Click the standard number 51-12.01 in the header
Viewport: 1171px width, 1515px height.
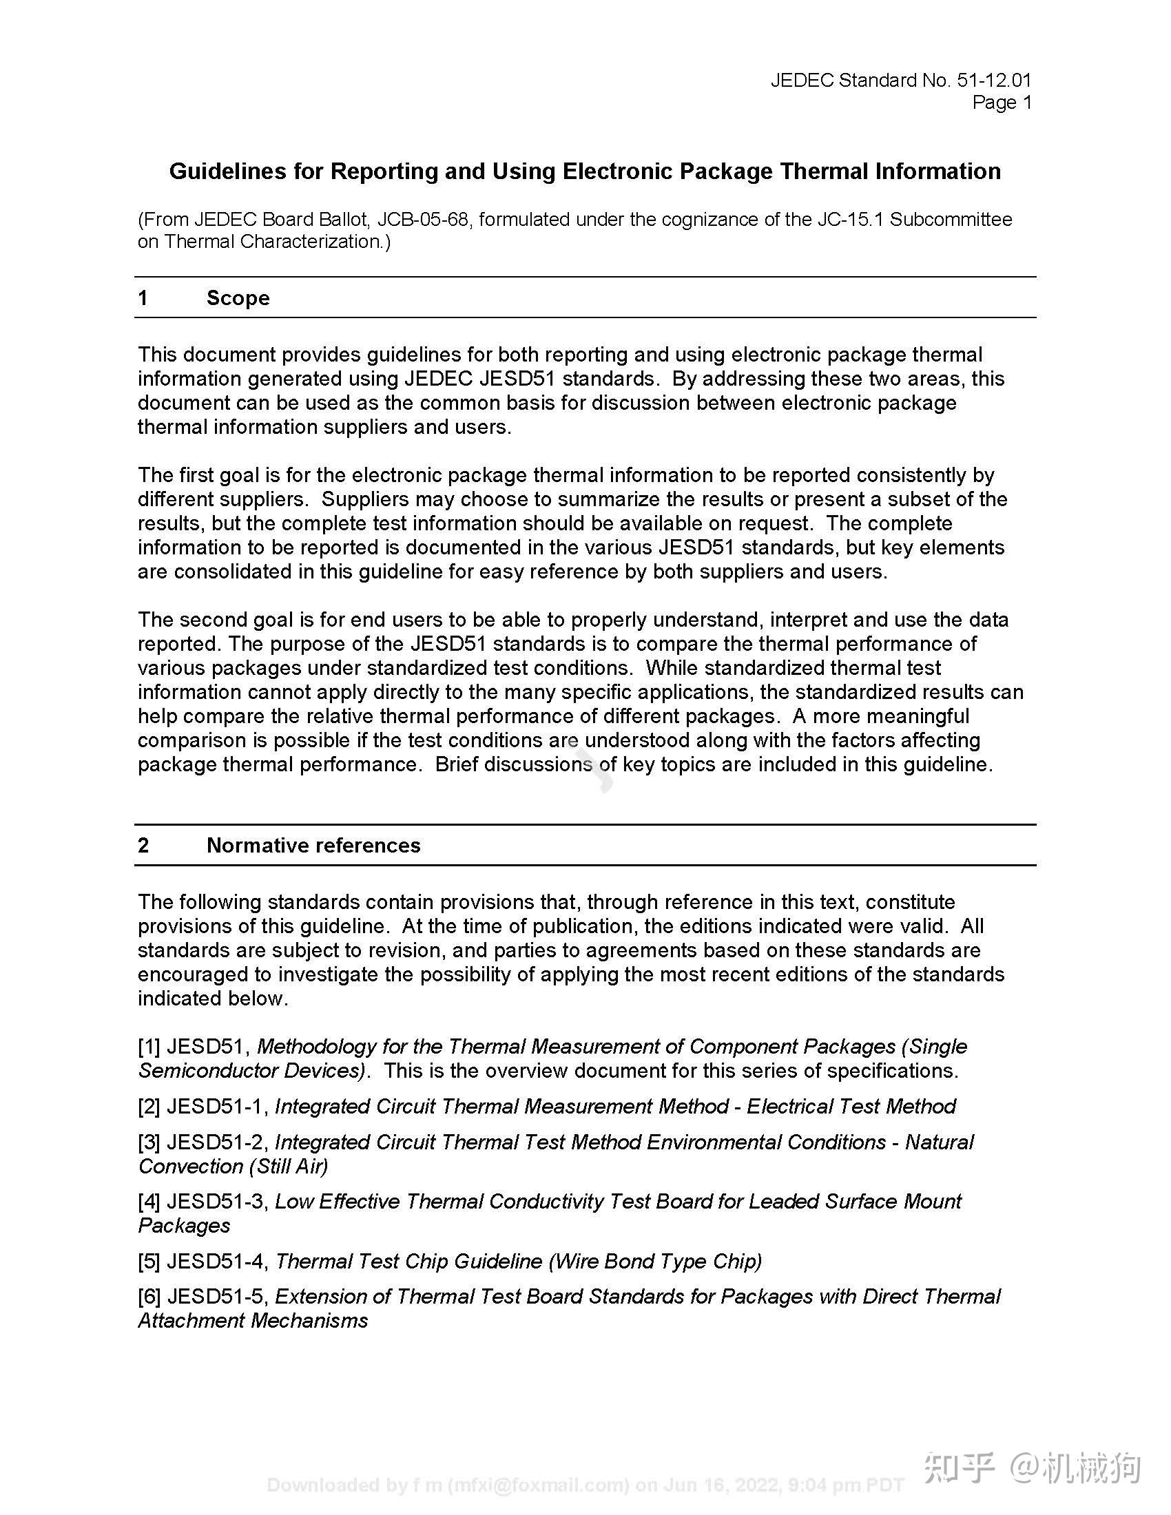pos(993,81)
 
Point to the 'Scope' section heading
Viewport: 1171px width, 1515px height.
pos(238,298)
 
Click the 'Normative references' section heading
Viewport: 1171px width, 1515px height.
pos(313,845)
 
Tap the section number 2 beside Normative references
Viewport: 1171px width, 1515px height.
pos(143,845)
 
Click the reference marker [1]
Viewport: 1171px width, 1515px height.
pos(149,1046)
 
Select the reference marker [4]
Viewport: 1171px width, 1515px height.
pos(149,1202)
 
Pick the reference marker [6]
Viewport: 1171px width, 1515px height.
pos(149,1297)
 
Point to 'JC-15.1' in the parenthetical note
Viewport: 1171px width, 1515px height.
pos(850,220)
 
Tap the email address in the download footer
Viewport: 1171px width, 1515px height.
pos(539,1485)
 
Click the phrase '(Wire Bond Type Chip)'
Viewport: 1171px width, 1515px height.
pos(655,1261)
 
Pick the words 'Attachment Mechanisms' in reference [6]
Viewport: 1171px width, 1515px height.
pos(253,1320)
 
